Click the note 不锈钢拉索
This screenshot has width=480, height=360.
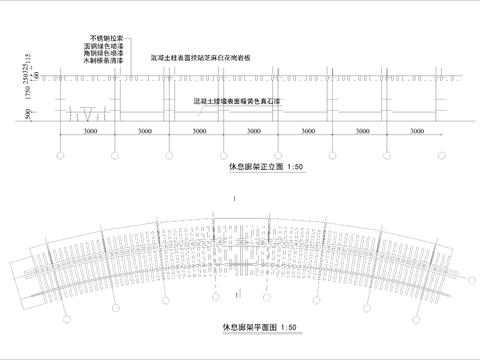108,37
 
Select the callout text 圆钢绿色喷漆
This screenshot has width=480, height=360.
105,45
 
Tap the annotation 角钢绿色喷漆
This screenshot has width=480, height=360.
105,53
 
